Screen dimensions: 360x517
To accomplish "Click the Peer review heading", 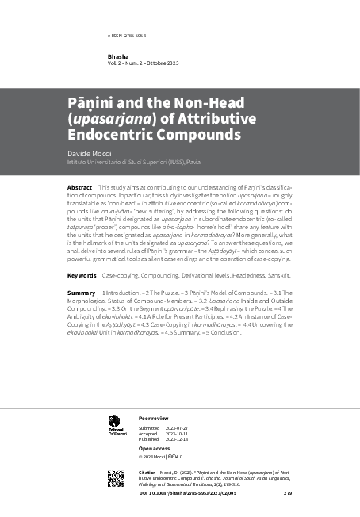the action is pyautogui.click(x=154, y=416).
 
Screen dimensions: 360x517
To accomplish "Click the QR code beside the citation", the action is pyautogui.click(x=116, y=477).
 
